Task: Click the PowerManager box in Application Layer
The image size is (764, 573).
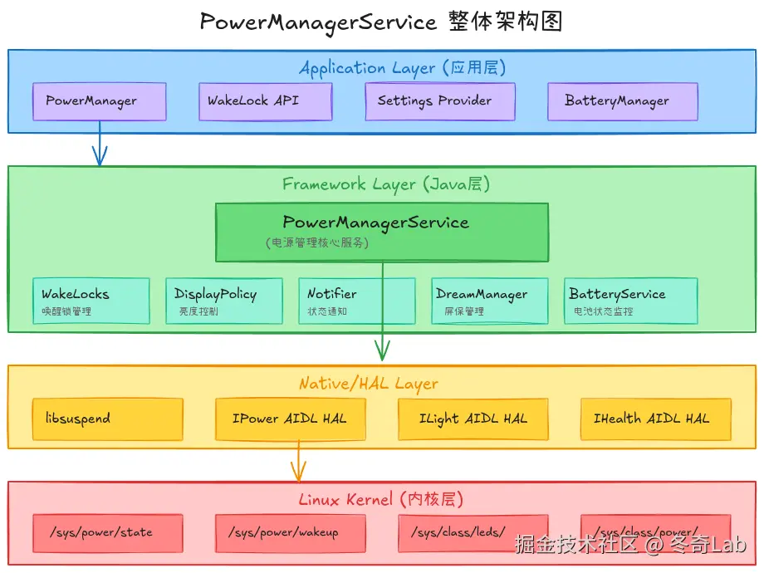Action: tap(100, 102)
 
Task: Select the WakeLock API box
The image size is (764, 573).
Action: tap(266, 102)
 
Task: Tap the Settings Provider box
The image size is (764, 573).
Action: tap(440, 102)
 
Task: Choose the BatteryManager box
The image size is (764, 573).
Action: tap(623, 102)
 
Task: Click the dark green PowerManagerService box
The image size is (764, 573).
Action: tap(382, 232)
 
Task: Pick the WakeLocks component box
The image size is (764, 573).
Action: tap(91, 301)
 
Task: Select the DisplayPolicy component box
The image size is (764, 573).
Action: tap(224, 301)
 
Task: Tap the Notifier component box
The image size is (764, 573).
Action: tap(357, 301)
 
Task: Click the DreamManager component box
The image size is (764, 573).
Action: tap(490, 301)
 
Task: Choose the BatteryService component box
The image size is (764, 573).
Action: tap(631, 301)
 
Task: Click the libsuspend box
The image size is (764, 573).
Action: tap(108, 419)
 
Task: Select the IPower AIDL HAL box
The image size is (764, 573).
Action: tap(291, 419)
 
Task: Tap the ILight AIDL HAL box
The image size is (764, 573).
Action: tap(473, 419)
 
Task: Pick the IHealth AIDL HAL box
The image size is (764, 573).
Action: tap(656, 419)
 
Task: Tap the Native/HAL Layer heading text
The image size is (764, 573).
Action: tap(380, 384)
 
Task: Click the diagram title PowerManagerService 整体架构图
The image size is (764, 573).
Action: tap(382, 22)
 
